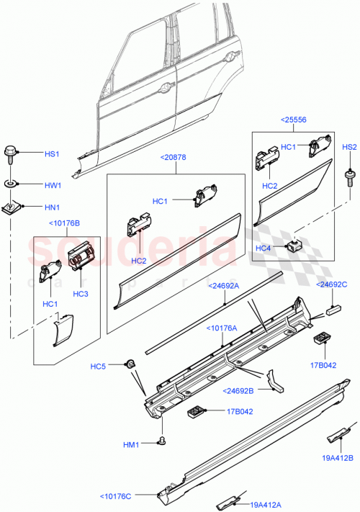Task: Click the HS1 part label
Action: (53, 153)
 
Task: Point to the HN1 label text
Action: (53, 208)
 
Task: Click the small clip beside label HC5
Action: (131, 362)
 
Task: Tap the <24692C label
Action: (333, 284)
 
